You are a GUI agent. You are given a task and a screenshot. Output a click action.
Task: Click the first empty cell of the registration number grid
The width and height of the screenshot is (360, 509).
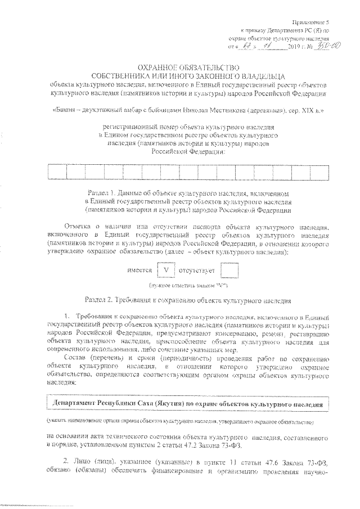tap(57, 172)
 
